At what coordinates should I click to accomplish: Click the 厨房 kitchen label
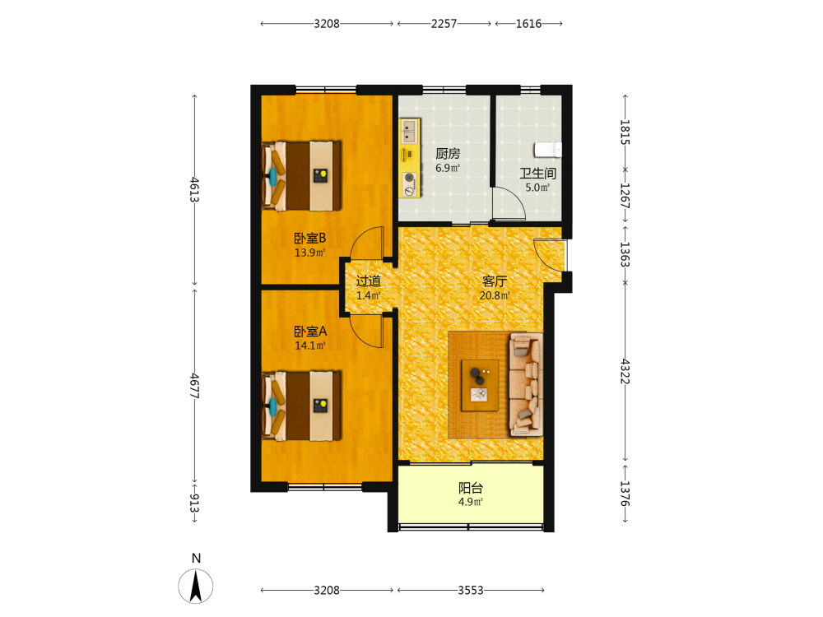(448, 154)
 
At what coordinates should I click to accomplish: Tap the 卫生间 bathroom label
(538, 173)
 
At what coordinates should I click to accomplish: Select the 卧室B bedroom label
(309, 239)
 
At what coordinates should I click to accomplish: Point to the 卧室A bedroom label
(310, 332)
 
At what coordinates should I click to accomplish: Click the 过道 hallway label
(369, 281)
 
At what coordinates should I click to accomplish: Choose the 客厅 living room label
(495, 281)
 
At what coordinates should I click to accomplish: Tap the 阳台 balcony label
(470, 488)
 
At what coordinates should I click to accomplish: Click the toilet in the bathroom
(547, 150)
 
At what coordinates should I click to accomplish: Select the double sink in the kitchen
(409, 131)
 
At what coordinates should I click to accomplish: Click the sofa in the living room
(526, 384)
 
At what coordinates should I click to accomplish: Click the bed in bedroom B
(302, 176)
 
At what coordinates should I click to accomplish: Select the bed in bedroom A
(302, 406)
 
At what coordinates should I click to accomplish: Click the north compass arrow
(196, 586)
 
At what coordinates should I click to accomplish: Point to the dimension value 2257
(444, 24)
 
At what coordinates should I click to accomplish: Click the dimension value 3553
(470, 590)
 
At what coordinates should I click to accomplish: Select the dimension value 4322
(625, 372)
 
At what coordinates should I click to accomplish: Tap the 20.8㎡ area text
(495, 295)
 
